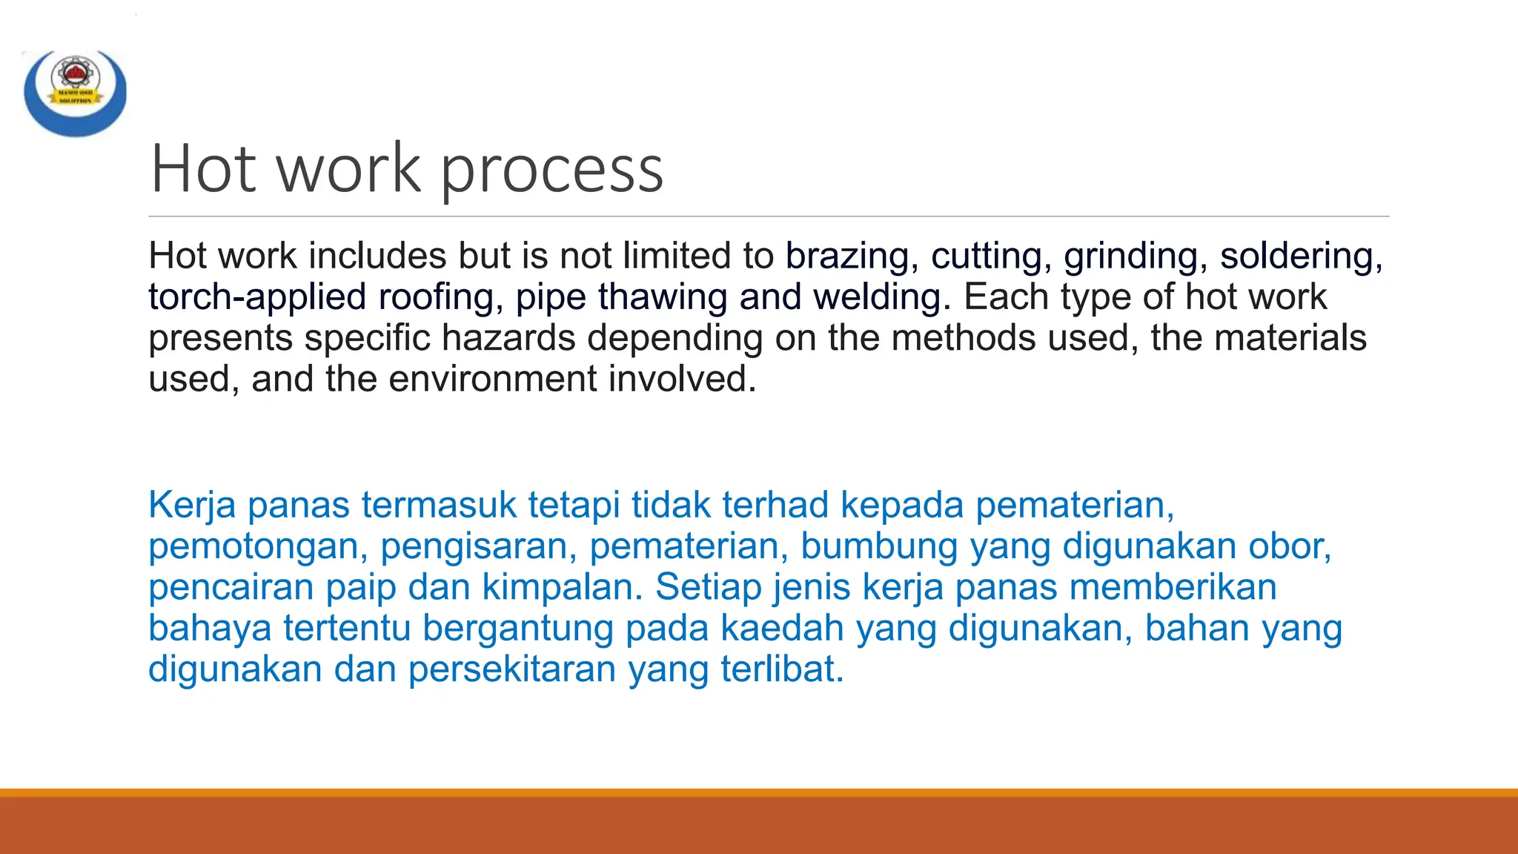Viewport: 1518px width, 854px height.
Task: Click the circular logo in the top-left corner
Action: click(x=75, y=93)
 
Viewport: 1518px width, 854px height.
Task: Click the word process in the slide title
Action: click(x=552, y=170)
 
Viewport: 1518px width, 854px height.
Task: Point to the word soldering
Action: click(x=1300, y=256)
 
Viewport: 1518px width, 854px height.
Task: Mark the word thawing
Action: click(x=663, y=297)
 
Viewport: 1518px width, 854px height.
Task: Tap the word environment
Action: click(x=492, y=379)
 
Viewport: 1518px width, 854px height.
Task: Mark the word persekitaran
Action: click(x=512, y=669)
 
